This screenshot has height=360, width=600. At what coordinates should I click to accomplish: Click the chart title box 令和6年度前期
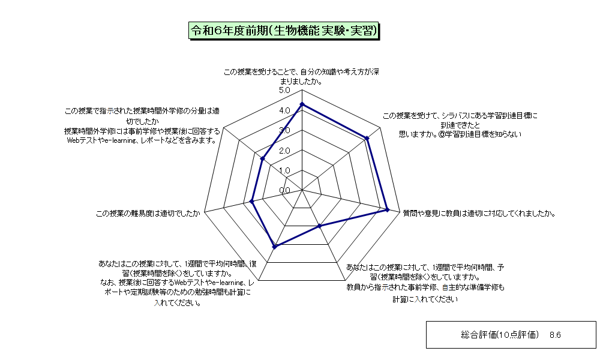284,31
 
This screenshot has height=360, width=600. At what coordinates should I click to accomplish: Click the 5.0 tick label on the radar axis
284,90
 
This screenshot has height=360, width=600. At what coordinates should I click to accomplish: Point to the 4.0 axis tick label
284,110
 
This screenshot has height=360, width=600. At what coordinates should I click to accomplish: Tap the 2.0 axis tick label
284,151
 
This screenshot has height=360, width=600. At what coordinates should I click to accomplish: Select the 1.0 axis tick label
284,170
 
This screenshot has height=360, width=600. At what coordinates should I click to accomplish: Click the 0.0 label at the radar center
284,191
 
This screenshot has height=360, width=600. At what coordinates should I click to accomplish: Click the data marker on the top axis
302,104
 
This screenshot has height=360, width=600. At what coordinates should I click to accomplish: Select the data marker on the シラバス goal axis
367,138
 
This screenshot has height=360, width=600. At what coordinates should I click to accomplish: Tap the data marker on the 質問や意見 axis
387,209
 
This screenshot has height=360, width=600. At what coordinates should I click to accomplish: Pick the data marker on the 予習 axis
320,226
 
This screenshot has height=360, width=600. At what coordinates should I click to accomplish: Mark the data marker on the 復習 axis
274,247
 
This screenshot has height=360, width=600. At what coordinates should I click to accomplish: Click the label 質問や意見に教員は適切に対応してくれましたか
479,214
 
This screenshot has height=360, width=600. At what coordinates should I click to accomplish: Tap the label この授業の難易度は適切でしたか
148,214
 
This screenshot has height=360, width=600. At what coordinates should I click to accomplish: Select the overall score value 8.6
555,335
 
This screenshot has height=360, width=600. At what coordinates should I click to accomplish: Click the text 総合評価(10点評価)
500,335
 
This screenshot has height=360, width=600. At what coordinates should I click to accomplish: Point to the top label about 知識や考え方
302,77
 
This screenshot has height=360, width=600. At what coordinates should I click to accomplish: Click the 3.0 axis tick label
284,130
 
